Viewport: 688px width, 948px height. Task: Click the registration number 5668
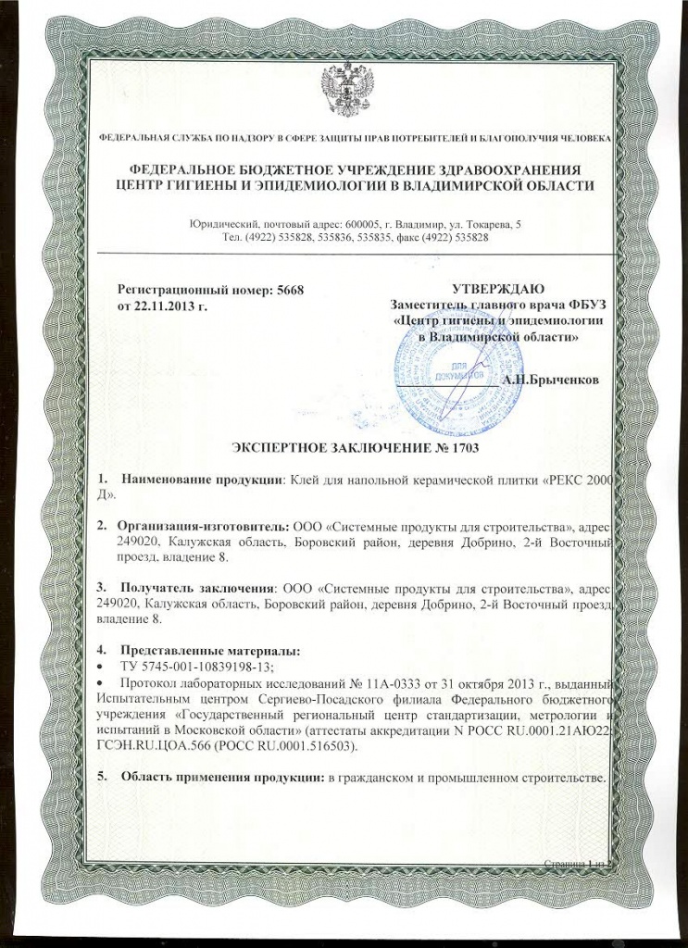290,290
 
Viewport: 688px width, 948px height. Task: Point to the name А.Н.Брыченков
550,380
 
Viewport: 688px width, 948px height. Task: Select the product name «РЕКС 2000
574,479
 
